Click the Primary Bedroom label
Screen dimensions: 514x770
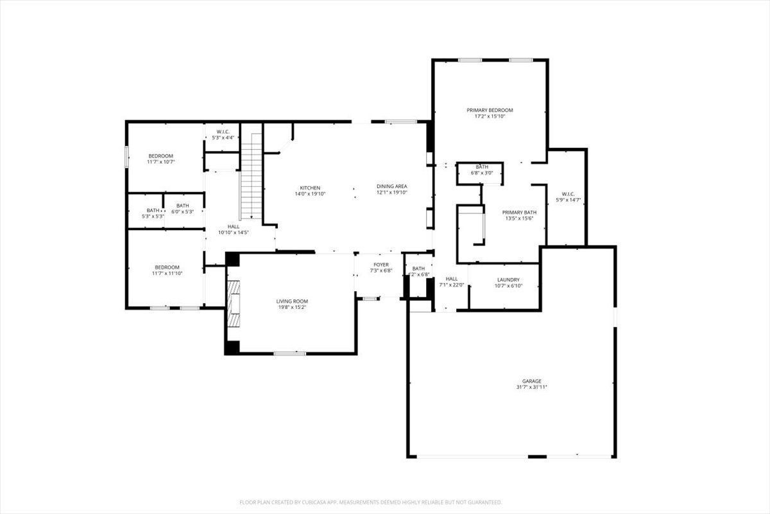point(490,110)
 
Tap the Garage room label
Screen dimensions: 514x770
point(531,381)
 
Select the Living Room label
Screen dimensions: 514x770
point(292,301)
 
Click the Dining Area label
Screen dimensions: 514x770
point(391,187)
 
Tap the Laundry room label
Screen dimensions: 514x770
point(508,280)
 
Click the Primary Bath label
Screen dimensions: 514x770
point(519,212)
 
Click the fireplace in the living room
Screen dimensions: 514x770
point(234,303)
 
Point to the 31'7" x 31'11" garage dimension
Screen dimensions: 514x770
point(531,387)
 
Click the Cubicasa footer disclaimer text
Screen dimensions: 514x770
point(370,502)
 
